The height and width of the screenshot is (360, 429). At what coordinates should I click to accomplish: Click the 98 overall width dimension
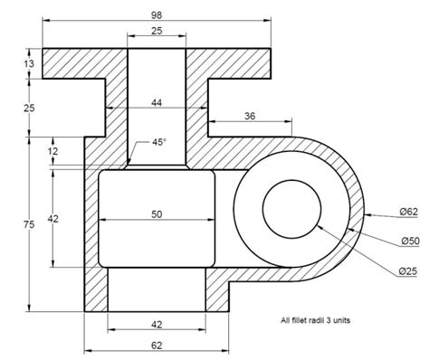[157, 15]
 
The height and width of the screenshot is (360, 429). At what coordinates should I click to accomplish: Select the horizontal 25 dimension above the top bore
[157, 31]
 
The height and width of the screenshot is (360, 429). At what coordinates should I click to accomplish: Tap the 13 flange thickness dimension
[29, 63]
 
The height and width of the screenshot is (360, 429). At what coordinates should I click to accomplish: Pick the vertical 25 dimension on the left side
[29, 108]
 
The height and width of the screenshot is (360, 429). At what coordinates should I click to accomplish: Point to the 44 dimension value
[157, 103]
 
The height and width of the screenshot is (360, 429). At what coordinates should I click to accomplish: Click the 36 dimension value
[250, 116]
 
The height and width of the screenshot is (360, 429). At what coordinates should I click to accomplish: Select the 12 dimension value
[52, 151]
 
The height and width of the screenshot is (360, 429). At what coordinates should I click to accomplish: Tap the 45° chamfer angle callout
[159, 142]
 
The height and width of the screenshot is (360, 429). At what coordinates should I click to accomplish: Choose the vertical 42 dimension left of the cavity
[52, 219]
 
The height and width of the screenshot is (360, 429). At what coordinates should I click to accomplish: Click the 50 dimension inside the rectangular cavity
[157, 214]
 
